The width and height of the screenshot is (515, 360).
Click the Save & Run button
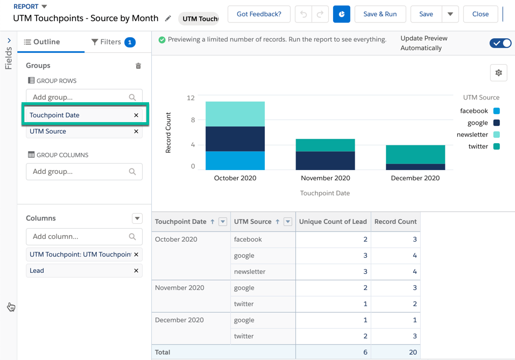pos(380,14)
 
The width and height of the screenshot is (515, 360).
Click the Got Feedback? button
pos(259,14)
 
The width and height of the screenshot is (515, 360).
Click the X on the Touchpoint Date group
pos(136,115)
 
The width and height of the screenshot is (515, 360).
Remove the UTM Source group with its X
pos(136,131)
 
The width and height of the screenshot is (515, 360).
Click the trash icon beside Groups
pos(138,66)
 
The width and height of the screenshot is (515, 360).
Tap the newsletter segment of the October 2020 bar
pos(235,114)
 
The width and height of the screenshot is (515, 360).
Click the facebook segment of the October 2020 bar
pos(235,160)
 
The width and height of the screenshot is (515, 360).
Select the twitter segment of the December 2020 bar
pos(415,154)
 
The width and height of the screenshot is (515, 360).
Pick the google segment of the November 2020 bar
pos(326,160)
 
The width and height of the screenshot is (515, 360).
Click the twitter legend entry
pos(478,146)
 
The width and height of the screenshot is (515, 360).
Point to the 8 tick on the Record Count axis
pos(192,120)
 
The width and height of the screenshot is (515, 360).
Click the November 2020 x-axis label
pos(326,178)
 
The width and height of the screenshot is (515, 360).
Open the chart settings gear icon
pos(499,73)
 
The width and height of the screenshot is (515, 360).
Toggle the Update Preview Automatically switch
pos(500,43)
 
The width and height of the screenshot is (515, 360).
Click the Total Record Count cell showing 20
pos(396,352)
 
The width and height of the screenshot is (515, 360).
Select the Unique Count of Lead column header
pos(333,222)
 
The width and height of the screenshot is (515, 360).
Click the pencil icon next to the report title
pos(168,19)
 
